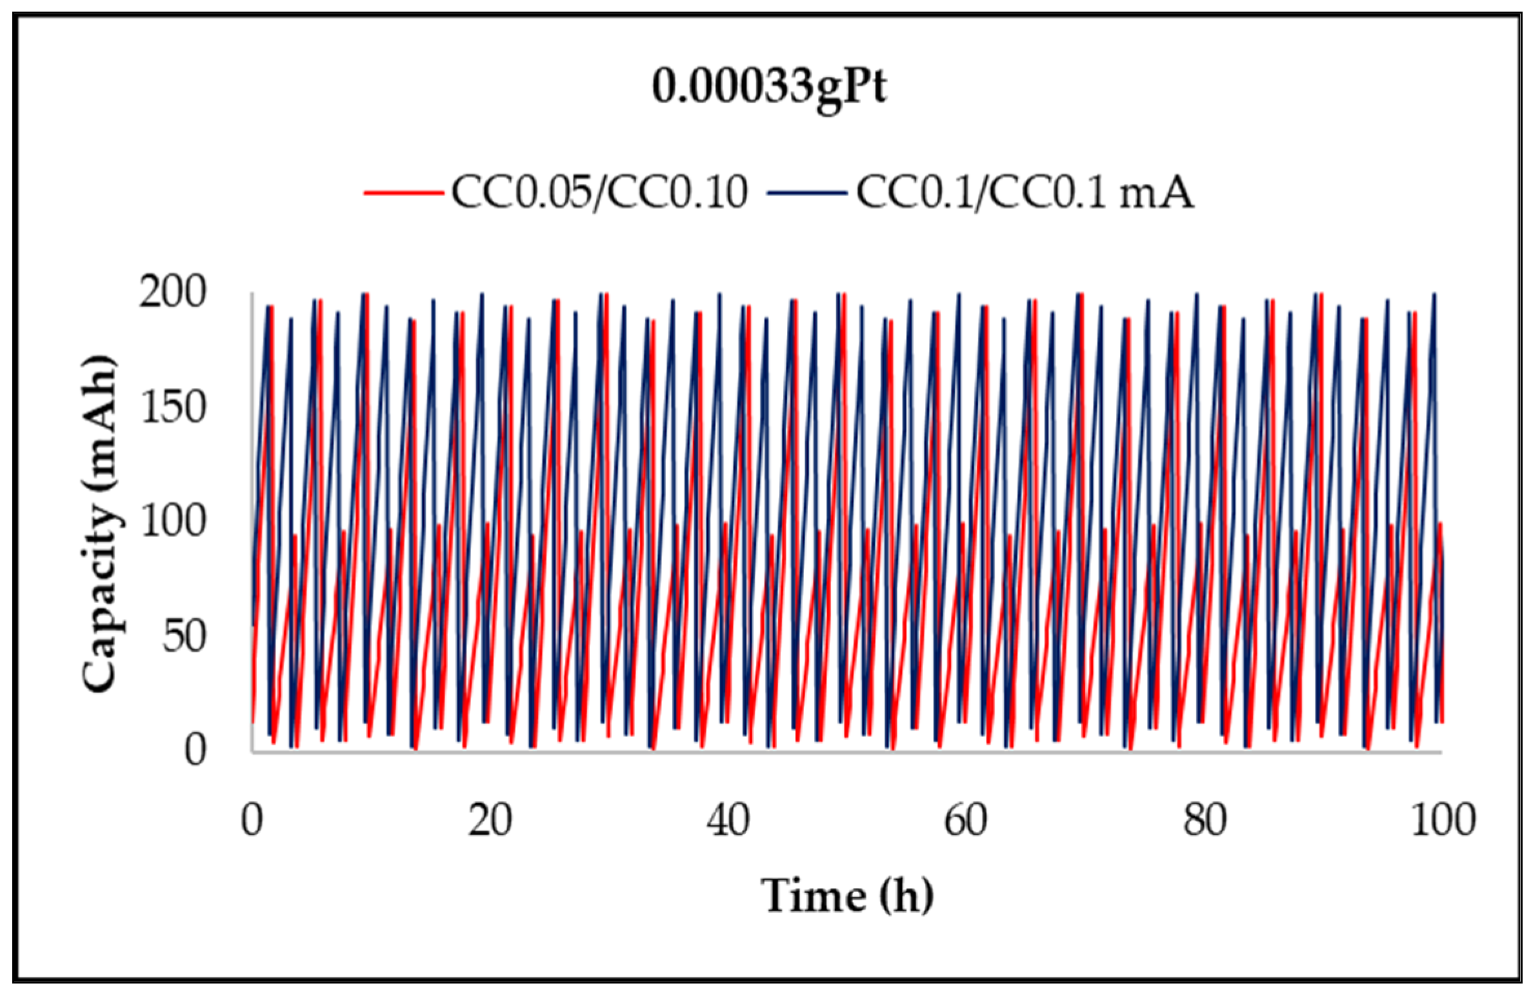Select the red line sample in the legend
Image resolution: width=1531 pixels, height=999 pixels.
403,192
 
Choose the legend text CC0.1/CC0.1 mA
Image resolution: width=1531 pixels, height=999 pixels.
1025,192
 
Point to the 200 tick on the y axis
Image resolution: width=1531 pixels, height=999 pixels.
172,294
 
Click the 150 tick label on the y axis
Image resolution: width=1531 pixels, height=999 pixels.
172,409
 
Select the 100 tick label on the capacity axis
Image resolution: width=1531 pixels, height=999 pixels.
172,523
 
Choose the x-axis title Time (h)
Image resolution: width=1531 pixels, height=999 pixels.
847,896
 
